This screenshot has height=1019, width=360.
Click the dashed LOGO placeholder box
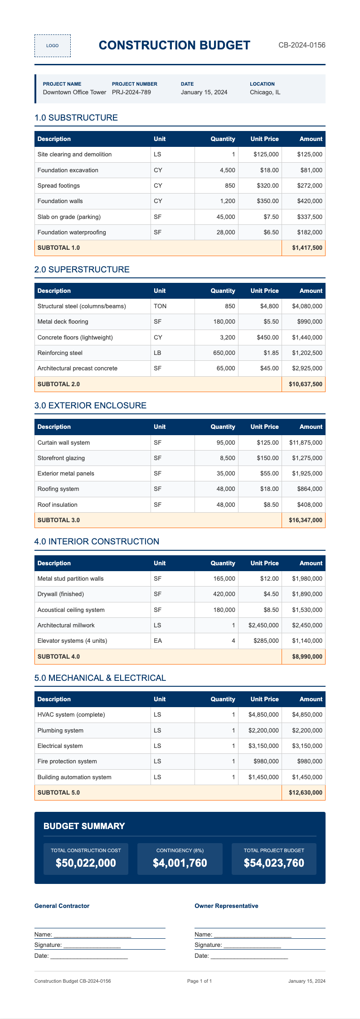(x=53, y=46)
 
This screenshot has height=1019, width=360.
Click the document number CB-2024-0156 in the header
(x=302, y=45)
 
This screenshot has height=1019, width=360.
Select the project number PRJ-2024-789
(x=131, y=92)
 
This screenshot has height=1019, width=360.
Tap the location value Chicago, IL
(x=265, y=92)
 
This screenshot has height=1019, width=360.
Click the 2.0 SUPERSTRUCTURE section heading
(x=82, y=270)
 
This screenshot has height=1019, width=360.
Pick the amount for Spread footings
(x=310, y=186)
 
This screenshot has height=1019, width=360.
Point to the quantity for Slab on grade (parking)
(x=226, y=217)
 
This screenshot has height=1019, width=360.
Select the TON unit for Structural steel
(x=160, y=306)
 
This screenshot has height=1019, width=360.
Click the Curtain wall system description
(x=63, y=443)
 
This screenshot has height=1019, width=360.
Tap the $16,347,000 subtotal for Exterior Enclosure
(x=305, y=520)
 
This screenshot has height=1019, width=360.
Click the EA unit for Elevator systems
(x=157, y=641)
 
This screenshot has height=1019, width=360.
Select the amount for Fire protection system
(x=310, y=762)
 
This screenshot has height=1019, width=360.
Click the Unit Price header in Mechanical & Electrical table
(x=264, y=699)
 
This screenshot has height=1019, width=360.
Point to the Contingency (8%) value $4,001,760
(x=180, y=863)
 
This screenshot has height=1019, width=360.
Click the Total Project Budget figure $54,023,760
(x=274, y=863)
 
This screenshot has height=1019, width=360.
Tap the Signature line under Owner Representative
(x=252, y=945)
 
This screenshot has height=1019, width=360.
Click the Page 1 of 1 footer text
(x=199, y=981)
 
